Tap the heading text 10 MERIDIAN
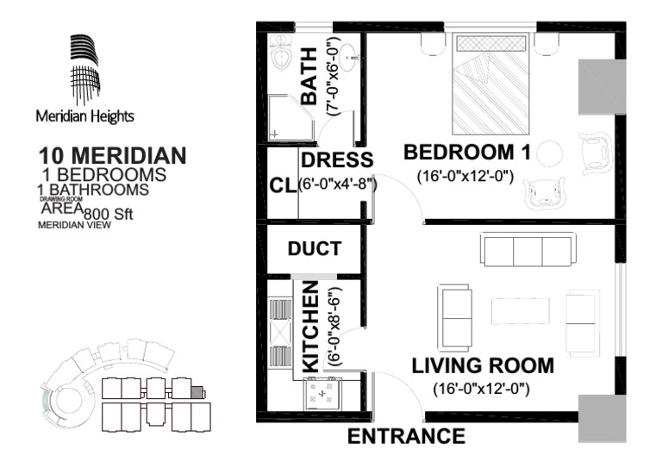112,156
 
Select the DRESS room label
336,159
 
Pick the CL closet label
281,186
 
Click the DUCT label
314,249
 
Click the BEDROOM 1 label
466,153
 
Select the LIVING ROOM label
482,365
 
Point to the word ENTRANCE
406,436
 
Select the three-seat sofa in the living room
528,251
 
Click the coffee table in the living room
521,310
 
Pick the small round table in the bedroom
550,153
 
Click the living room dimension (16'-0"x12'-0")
480,388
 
